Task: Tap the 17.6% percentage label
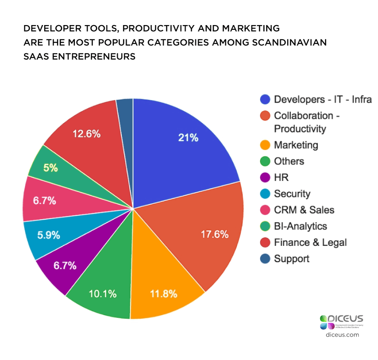coord(215,234)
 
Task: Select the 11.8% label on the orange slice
coord(164,294)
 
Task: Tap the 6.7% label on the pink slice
coord(44,201)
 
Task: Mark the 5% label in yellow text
coord(51,168)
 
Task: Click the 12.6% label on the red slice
coord(86,134)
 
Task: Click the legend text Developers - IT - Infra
coord(323,99)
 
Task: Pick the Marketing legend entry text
coord(296,145)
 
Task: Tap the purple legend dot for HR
coord(265,178)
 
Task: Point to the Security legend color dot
coord(265,194)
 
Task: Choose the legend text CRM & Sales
coord(304,210)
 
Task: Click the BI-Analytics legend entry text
coord(300,226)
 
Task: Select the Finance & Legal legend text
coord(310,243)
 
